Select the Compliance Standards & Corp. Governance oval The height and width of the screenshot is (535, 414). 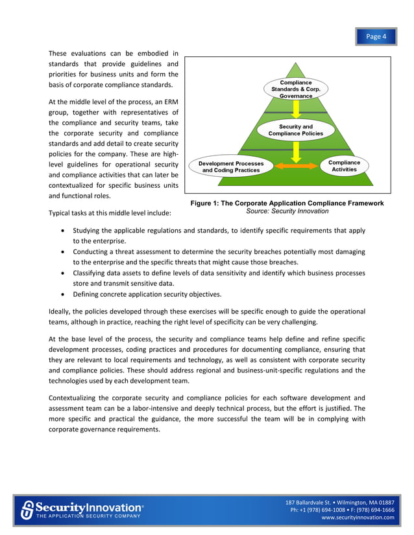[295, 89]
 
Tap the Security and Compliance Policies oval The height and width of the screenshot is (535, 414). [295, 130]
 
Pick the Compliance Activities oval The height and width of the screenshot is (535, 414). [344, 166]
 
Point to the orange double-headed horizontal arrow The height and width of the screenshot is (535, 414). [295, 167]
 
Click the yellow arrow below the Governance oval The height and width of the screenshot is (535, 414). [296, 109]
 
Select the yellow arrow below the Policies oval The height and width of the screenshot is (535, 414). [296, 150]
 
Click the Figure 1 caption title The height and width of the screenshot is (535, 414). [287, 203]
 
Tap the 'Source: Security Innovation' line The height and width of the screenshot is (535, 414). [287, 211]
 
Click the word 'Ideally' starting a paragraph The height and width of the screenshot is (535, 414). [61, 311]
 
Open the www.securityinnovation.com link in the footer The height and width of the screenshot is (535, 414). [358, 518]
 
